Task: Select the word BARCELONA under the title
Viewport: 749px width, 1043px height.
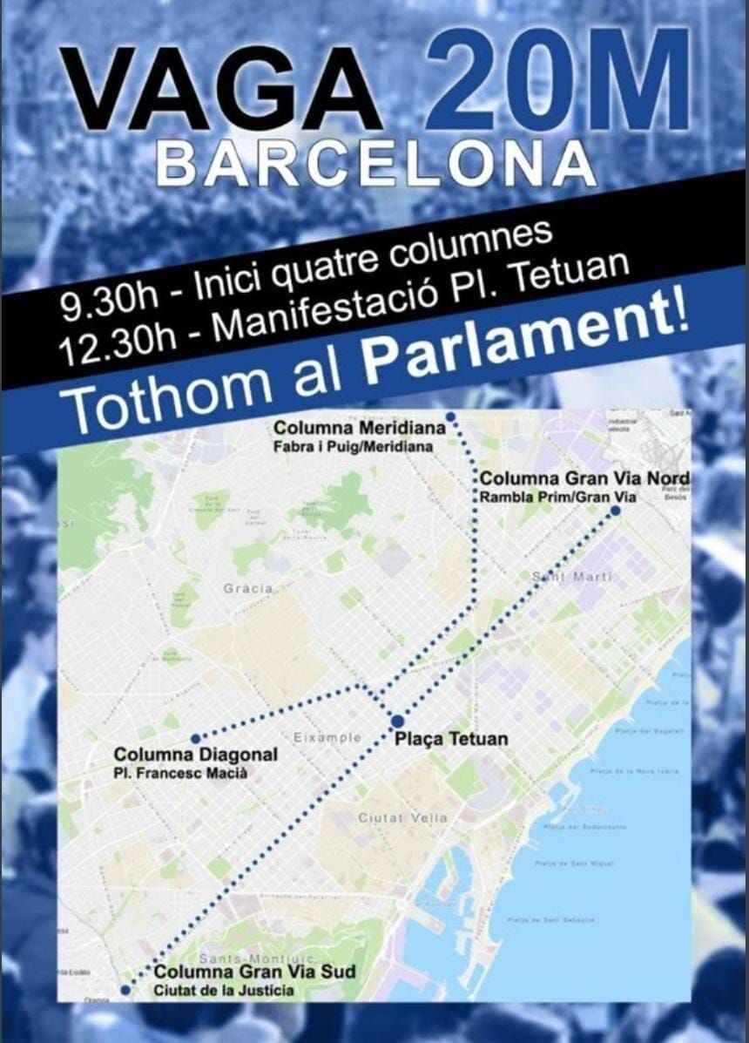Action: coord(376,163)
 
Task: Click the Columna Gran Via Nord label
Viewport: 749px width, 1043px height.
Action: coord(585,478)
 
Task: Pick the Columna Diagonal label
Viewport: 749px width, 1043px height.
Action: coord(196,754)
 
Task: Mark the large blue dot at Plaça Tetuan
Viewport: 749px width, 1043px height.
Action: coord(397,721)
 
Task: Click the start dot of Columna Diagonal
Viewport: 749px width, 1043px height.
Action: coord(195,736)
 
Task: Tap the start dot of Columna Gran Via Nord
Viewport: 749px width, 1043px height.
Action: coord(615,511)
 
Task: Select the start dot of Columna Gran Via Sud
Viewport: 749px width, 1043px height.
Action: coord(125,990)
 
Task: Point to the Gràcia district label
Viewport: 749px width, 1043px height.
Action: coord(248,588)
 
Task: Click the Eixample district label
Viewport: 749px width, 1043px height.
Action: coord(327,737)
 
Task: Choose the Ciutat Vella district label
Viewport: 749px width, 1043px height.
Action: coord(402,817)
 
